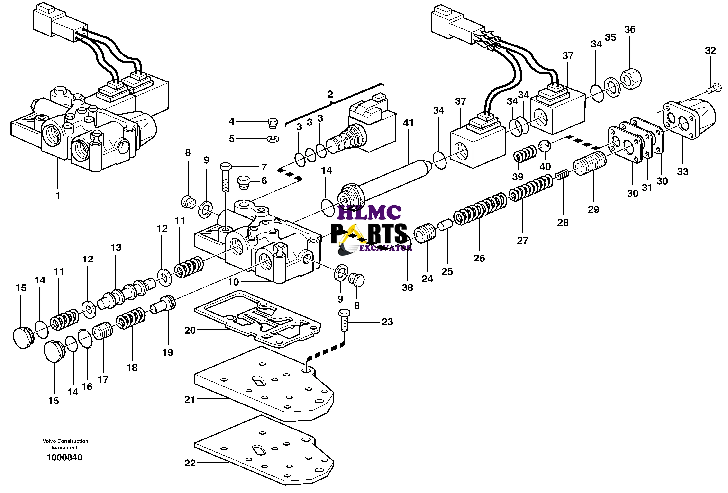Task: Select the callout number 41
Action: (408, 123)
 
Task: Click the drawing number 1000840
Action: (64, 457)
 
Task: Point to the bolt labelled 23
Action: (344, 320)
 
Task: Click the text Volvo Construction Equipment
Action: (65, 444)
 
